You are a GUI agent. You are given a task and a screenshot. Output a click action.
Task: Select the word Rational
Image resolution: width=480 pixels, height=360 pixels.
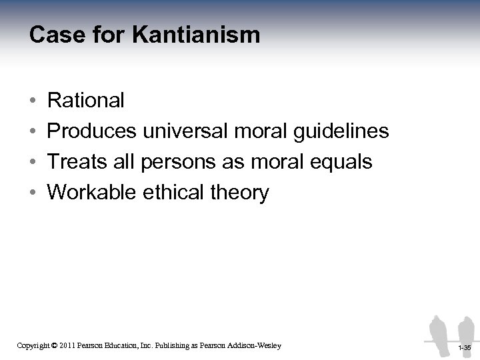[x=86, y=101]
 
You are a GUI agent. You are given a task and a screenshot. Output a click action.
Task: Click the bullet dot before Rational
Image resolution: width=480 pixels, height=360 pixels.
[x=33, y=101]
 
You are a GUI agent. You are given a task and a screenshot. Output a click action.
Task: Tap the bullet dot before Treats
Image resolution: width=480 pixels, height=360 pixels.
[x=33, y=163]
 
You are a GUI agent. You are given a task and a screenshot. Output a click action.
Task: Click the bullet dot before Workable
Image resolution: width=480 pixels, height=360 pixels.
[x=33, y=193]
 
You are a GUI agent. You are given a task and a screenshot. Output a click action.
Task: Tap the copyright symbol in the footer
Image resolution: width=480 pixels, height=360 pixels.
[x=54, y=345]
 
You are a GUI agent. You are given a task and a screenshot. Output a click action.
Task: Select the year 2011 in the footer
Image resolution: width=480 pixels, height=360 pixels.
[x=69, y=345]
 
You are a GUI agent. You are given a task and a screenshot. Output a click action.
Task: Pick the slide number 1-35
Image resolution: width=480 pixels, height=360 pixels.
[x=465, y=348]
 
